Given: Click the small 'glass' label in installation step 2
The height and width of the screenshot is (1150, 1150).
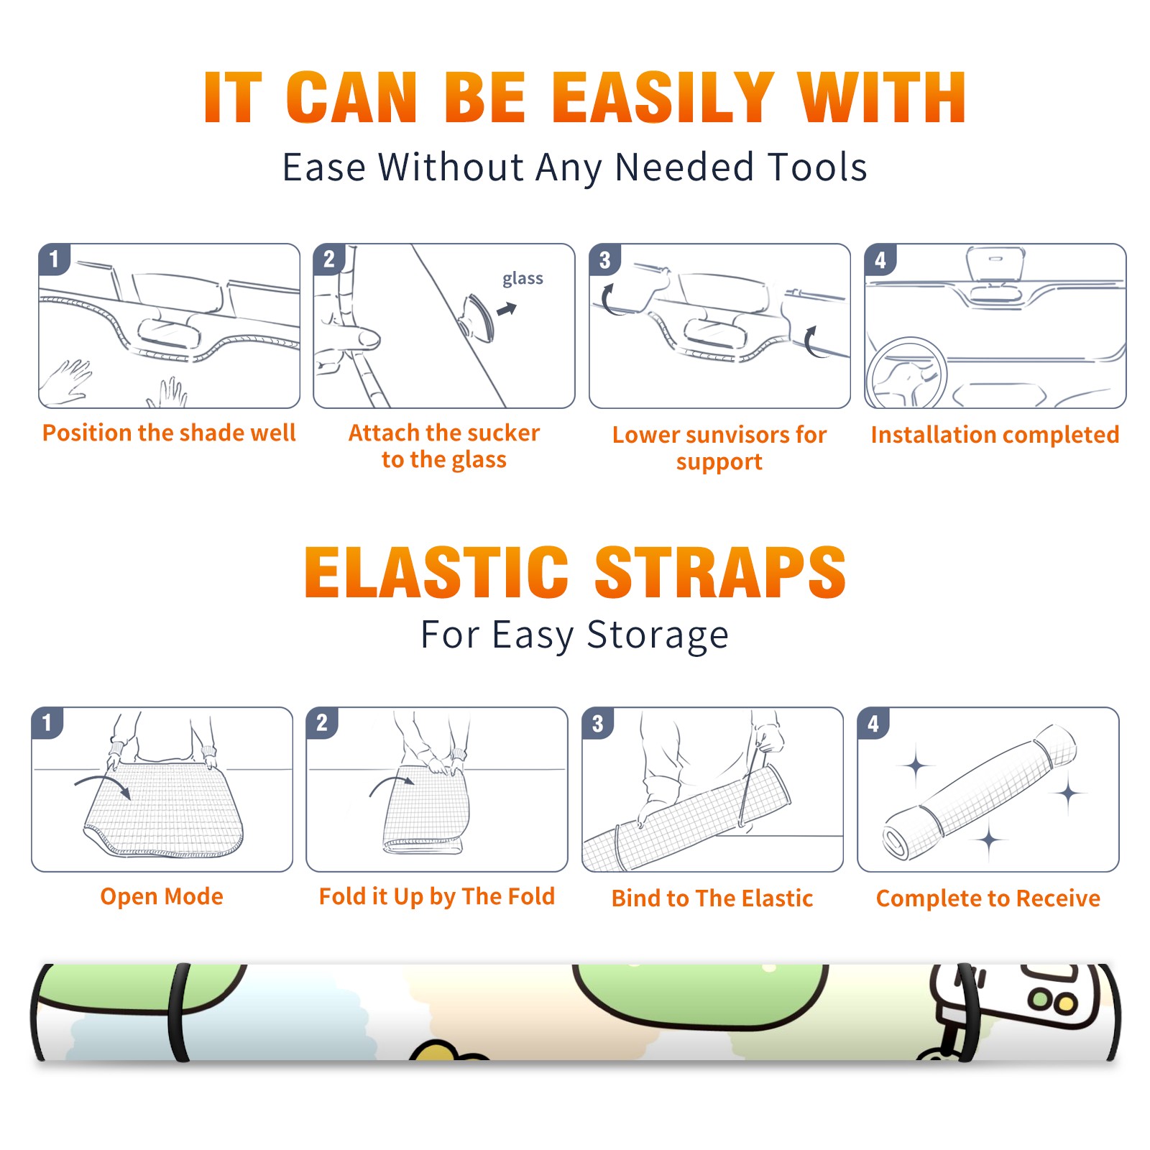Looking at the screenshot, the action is [x=523, y=278].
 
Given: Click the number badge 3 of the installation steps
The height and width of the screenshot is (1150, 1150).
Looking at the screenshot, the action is [x=605, y=259].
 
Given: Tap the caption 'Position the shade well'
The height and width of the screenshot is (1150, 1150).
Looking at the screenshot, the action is [x=169, y=433].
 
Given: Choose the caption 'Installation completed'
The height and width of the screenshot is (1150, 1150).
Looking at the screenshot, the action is [x=995, y=435].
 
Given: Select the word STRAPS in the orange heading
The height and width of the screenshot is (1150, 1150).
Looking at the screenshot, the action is [x=720, y=572].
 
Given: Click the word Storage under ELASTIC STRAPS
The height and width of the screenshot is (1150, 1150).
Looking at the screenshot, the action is [x=658, y=635].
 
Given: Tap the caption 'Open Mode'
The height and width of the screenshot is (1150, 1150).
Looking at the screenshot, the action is [x=162, y=896].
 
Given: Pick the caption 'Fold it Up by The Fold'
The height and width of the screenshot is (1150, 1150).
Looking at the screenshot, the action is [x=437, y=897].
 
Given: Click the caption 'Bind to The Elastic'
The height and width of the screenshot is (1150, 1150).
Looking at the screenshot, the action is [x=712, y=898].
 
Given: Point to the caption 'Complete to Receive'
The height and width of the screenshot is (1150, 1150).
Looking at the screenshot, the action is [x=988, y=898].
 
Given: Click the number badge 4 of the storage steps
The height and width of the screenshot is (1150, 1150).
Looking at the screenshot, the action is [x=873, y=723].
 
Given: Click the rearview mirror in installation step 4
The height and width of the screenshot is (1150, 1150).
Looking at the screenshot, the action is [x=995, y=263].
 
